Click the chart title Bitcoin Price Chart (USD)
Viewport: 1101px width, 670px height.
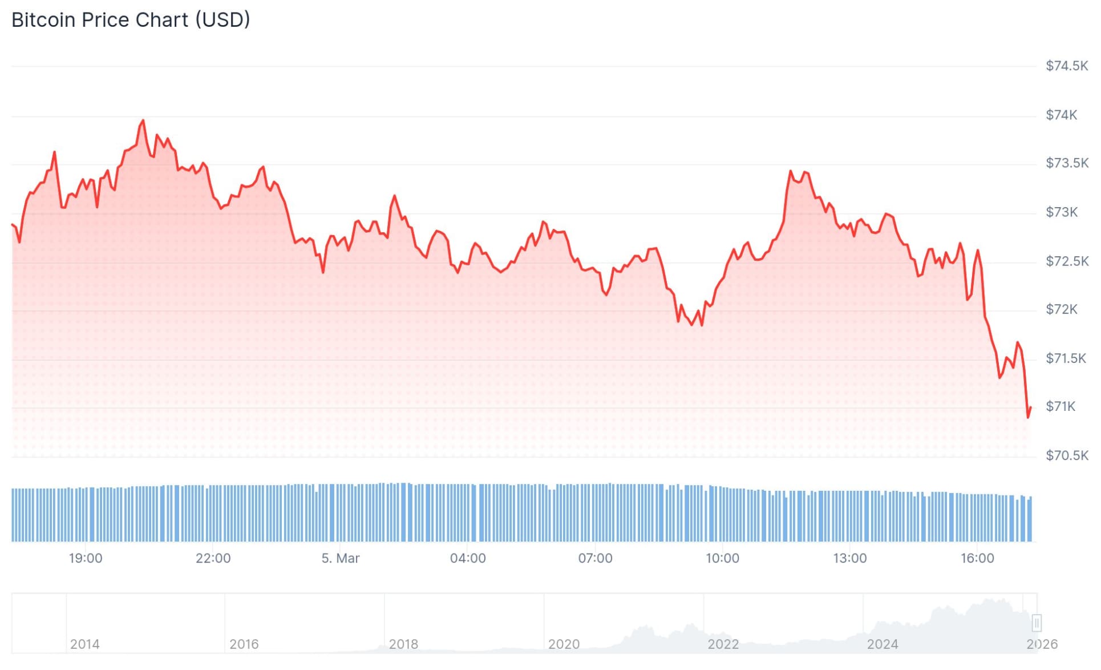(131, 20)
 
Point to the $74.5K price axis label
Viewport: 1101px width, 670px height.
(1066, 66)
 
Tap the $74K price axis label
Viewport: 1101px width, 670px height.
(1061, 115)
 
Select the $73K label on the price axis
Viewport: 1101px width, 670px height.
(1061, 212)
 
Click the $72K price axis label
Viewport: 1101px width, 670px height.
(1061, 309)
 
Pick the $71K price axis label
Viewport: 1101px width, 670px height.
(1060, 406)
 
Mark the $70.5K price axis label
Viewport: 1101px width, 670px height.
(1066, 455)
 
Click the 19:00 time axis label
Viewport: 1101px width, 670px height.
(86, 558)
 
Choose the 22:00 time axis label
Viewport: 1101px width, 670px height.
(213, 558)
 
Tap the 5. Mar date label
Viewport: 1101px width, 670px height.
(340, 558)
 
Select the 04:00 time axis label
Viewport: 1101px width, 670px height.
(468, 558)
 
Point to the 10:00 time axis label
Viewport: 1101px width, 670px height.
(722, 558)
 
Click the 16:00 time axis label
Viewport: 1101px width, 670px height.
(977, 558)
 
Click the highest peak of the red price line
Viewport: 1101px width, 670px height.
(143, 120)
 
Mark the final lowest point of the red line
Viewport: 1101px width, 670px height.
(1028, 417)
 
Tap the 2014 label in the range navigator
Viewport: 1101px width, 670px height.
(84, 644)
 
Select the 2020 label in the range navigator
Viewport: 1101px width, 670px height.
(564, 644)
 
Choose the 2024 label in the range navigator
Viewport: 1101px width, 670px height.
(882, 644)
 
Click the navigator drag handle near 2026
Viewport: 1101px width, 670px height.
(1037, 623)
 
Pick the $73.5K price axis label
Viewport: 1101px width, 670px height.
(1066, 163)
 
